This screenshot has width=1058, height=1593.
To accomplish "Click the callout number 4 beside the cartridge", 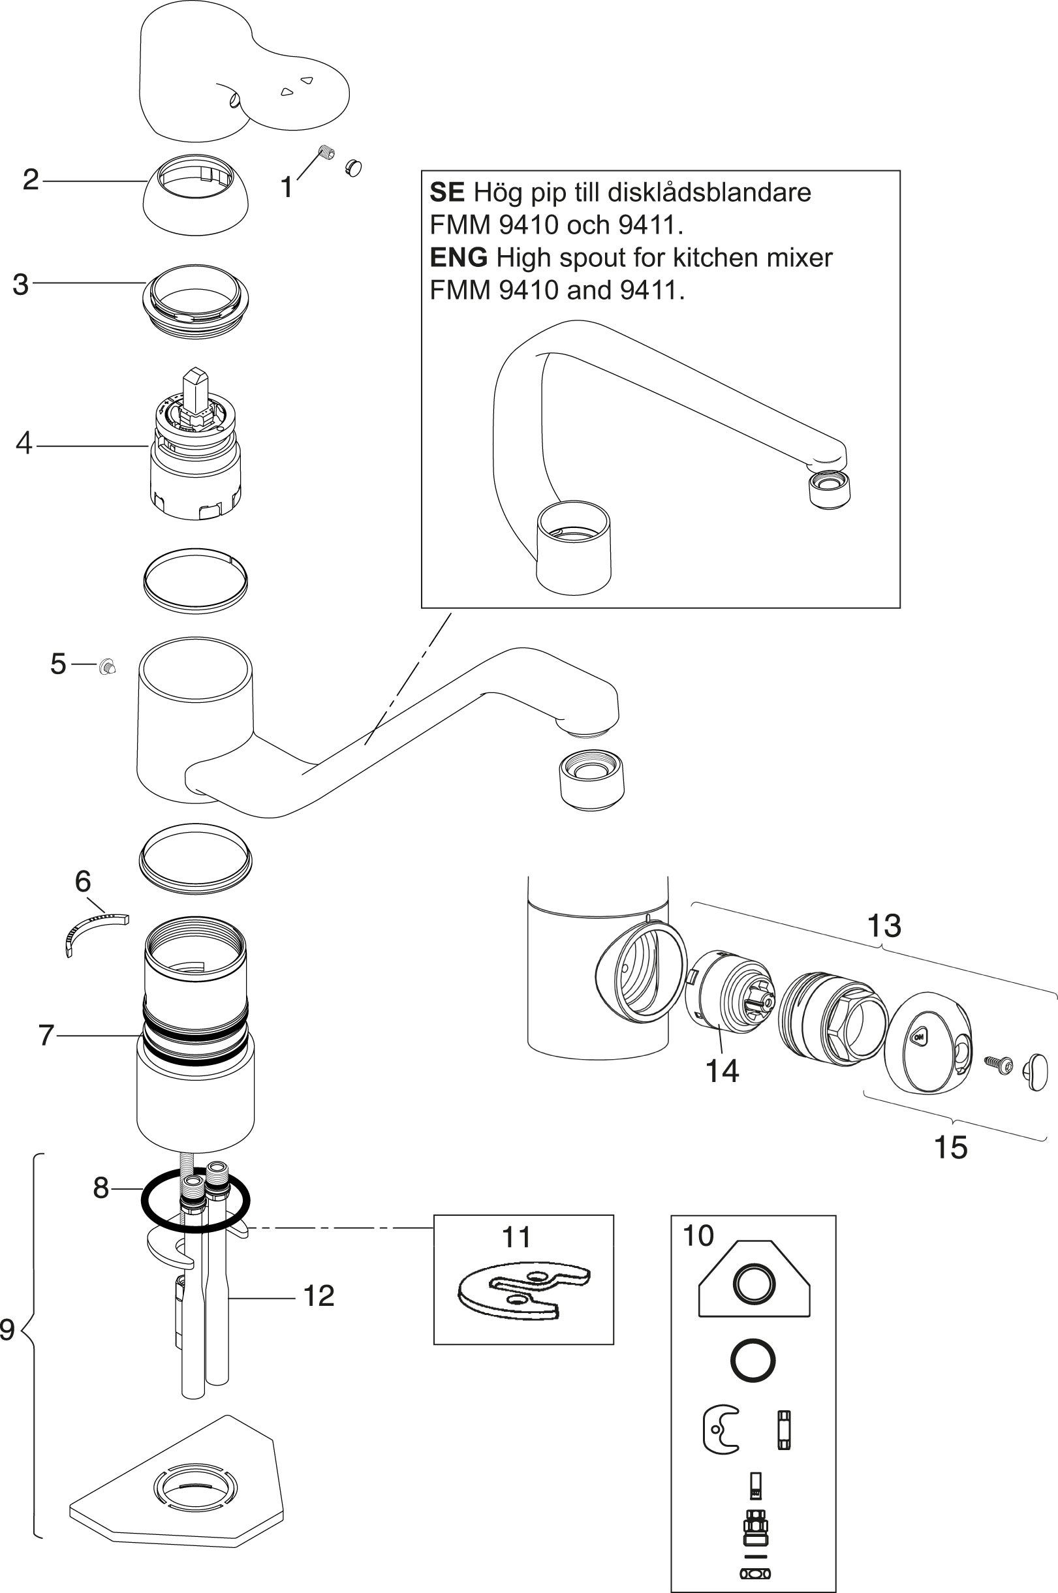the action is tap(23, 444).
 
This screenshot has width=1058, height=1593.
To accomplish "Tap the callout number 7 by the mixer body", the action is tap(46, 1035).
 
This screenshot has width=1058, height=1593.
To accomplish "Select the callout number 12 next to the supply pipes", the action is tap(319, 1295).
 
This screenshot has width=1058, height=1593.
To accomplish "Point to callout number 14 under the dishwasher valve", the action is tap(721, 1071).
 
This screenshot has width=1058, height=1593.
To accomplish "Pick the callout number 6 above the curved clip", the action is tap(82, 880).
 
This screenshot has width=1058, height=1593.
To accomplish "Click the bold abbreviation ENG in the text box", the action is tap(458, 257).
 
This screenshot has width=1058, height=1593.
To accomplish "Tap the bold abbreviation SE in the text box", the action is tap(446, 193).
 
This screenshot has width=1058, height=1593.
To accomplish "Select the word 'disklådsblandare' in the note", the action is tap(710, 193).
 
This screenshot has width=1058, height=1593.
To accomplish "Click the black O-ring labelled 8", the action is tap(145, 1200).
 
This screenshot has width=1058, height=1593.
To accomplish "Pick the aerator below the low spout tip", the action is tap(592, 778).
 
